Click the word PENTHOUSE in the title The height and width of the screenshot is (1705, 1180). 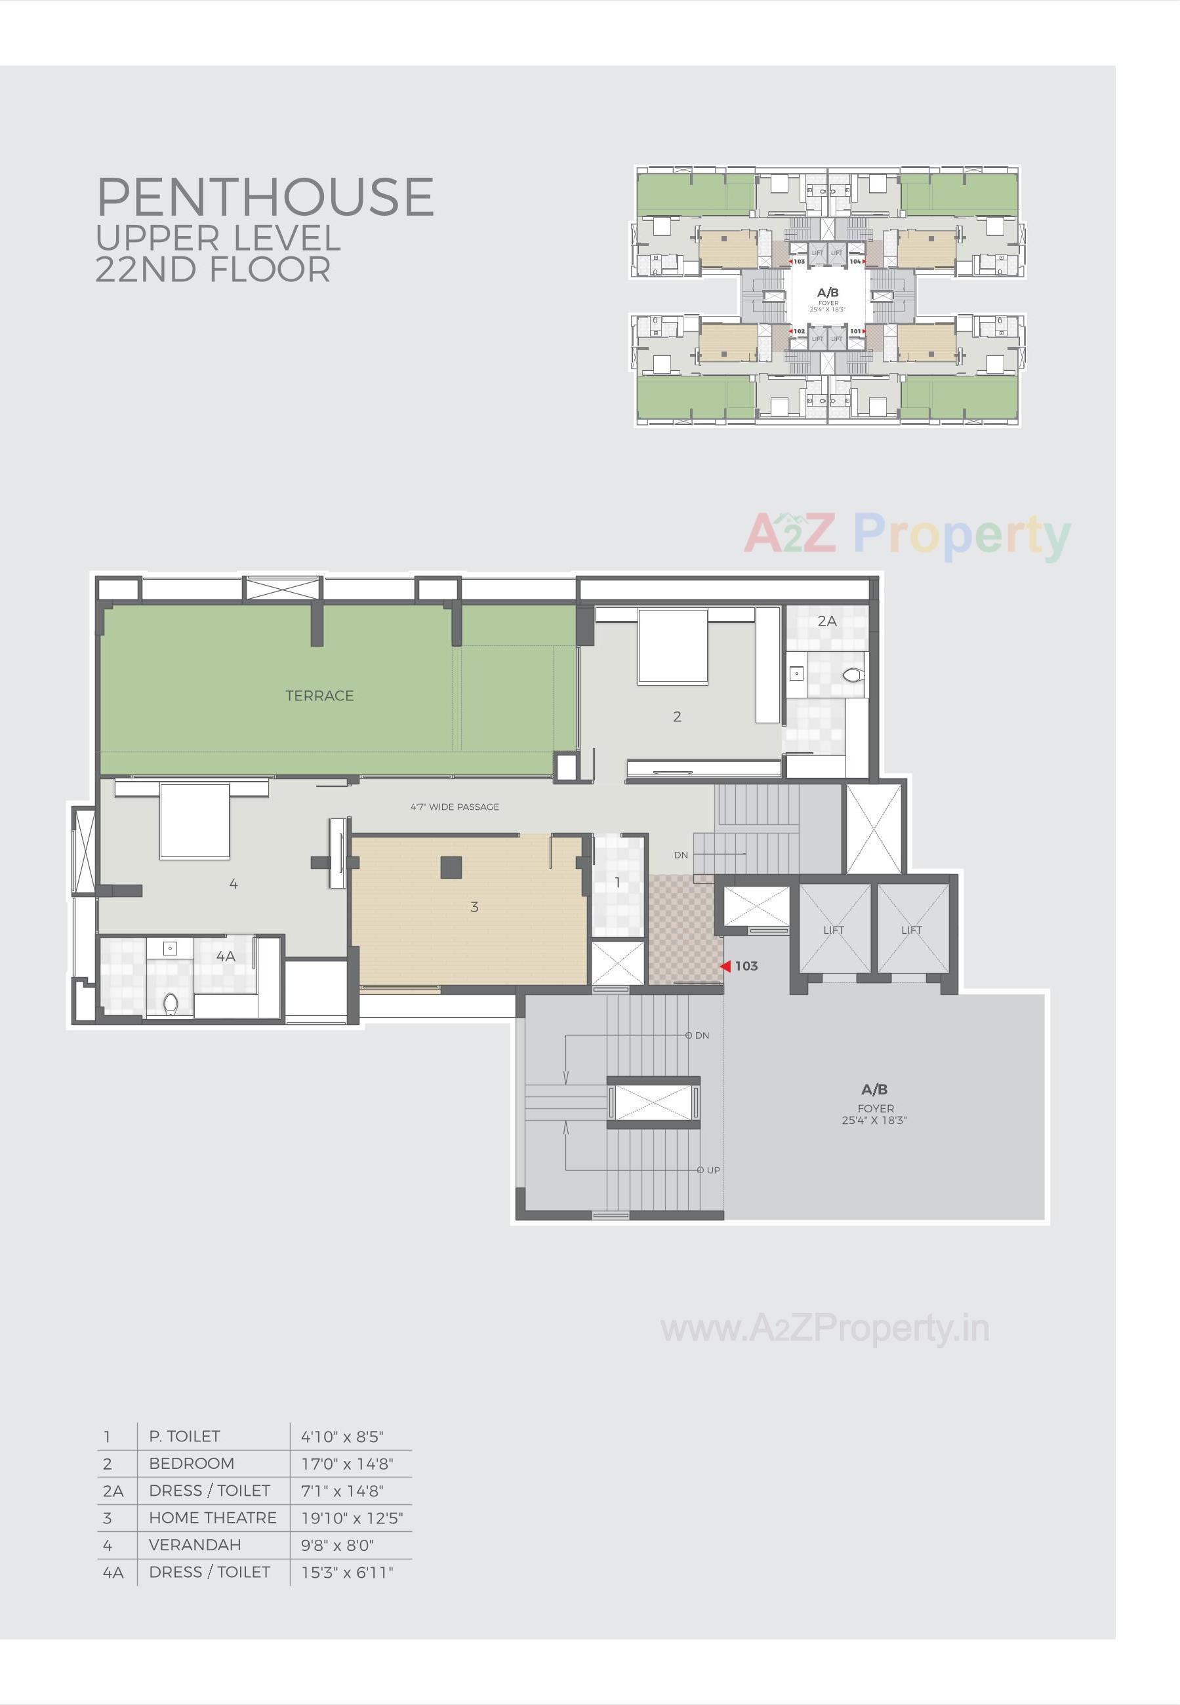[x=265, y=197]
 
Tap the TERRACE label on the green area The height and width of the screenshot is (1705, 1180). [x=319, y=696]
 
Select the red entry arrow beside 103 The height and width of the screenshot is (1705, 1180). [x=725, y=966]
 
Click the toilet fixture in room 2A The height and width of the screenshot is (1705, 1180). [x=853, y=674]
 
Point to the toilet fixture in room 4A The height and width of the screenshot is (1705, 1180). [x=171, y=1002]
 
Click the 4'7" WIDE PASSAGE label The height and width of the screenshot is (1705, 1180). [x=455, y=807]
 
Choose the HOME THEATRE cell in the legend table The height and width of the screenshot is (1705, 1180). [x=213, y=1517]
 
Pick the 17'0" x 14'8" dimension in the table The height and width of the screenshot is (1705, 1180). [x=347, y=1463]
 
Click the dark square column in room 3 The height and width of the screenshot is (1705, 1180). [x=451, y=867]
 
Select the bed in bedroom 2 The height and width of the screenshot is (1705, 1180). [x=673, y=645]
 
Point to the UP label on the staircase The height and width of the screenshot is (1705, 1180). [x=713, y=1170]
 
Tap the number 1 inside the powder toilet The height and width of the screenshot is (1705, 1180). [x=617, y=883]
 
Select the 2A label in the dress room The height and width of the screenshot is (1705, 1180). [x=826, y=621]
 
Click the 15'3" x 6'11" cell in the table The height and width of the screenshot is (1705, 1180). [x=347, y=1572]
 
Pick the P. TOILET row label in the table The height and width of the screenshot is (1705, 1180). [x=184, y=1436]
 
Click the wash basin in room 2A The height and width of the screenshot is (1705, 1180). [x=796, y=673]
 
